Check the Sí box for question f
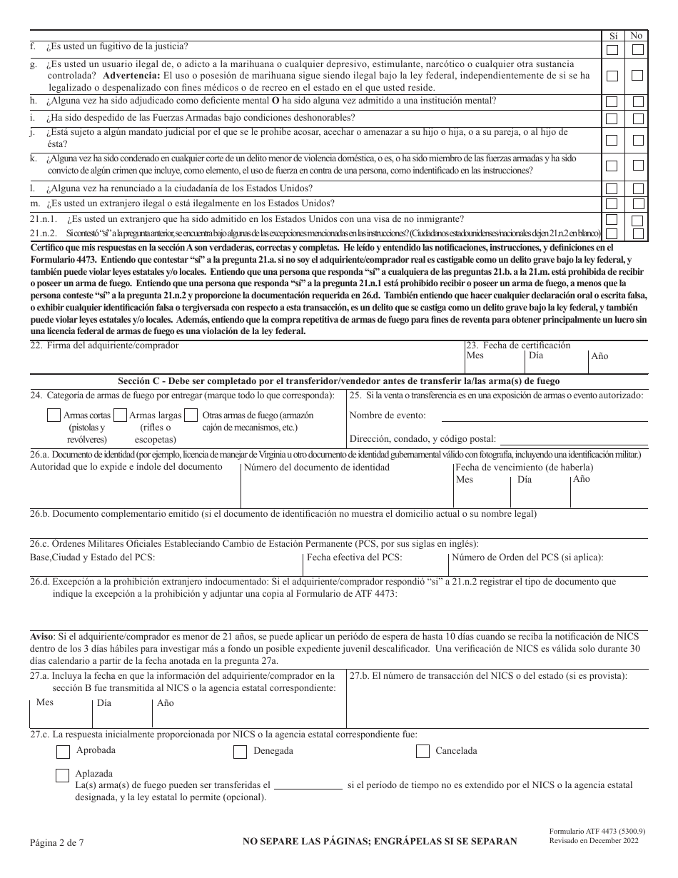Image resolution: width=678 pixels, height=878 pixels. (x=612, y=49)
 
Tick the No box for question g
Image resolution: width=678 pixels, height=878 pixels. (x=637, y=75)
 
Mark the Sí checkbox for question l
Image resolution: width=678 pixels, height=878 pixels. (x=612, y=189)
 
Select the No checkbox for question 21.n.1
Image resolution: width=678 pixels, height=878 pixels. (x=637, y=221)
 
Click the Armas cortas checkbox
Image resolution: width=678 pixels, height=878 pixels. (x=54, y=415)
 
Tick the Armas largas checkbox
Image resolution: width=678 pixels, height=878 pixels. (x=120, y=415)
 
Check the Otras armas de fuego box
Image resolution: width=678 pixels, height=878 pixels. (x=191, y=415)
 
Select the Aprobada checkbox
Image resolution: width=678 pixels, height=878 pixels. (x=63, y=751)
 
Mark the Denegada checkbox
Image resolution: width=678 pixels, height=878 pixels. (x=240, y=751)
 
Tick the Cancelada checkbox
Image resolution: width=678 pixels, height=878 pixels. (x=423, y=751)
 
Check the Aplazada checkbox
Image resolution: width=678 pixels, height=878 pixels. (x=63, y=775)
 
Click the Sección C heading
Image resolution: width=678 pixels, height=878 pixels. (x=339, y=380)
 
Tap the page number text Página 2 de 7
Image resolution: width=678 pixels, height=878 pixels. (x=57, y=842)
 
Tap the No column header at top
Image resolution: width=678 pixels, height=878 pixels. (x=637, y=35)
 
